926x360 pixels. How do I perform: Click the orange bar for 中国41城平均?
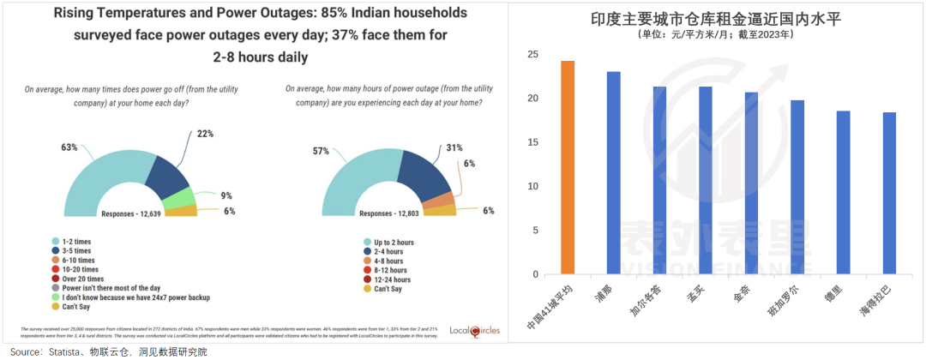(x=568, y=168)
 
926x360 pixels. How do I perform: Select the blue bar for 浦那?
(x=614, y=173)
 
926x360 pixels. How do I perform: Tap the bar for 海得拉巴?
(x=889, y=194)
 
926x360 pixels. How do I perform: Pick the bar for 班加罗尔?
(x=797, y=188)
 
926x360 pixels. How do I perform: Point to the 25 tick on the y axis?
(x=533, y=55)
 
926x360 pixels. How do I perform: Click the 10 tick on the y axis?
(x=533, y=187)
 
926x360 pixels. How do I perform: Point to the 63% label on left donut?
(x=69, y=147)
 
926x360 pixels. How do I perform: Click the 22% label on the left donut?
(x=205, y=134)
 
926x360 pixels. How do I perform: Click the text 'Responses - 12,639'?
(x=135, y=213)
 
